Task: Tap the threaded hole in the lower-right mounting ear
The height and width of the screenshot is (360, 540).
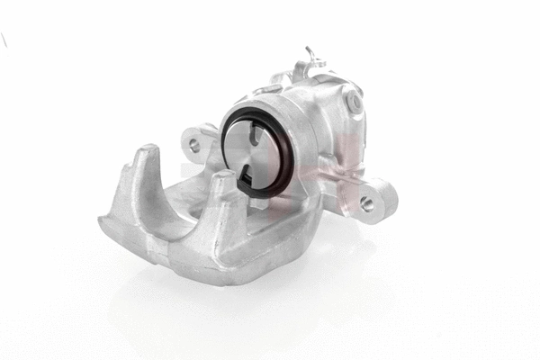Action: [367, 203]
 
